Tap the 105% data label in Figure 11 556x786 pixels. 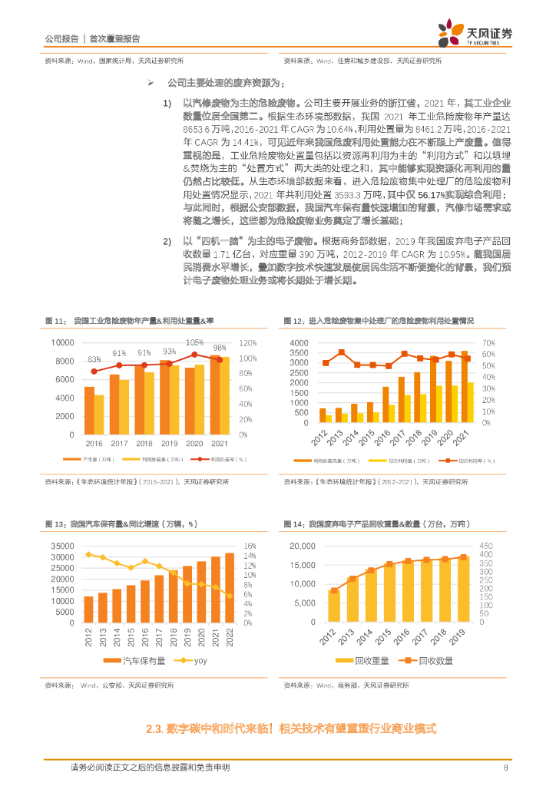(194, 342)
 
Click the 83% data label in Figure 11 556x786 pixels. (94, 359)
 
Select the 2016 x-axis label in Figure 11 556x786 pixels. (94, 444)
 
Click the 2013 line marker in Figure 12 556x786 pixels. (341, 352)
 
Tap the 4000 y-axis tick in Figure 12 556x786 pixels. (299, 342)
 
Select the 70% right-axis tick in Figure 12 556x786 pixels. (489, 342)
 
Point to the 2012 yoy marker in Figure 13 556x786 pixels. (88, 554)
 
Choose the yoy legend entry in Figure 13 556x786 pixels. (193, 661)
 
